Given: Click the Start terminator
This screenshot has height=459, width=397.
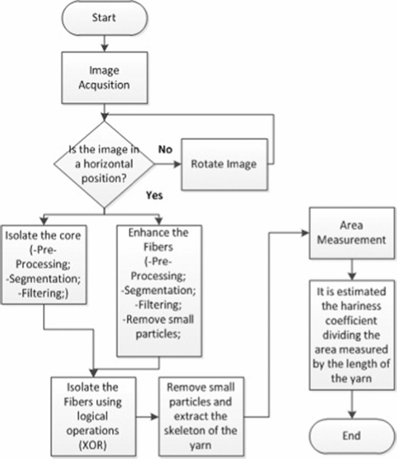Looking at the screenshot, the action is (105, 18).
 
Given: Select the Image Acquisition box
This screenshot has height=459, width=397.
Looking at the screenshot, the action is (105, 78).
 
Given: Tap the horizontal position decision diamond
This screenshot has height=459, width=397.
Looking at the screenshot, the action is (104, 164).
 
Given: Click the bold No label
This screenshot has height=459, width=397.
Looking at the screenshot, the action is (165, 150).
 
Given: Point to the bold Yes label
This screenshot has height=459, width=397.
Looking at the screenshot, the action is (154, 195).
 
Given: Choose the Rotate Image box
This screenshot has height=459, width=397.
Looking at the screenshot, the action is (225, 164).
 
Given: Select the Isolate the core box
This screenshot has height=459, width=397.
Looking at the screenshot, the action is (44, 265).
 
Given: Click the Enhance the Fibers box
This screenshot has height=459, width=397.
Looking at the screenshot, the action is (159, 291).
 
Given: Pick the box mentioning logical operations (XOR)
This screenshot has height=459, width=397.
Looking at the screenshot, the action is (93, 418).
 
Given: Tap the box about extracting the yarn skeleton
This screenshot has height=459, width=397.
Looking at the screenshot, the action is (201, 418).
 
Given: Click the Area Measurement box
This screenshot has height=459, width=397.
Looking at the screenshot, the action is (352, 233).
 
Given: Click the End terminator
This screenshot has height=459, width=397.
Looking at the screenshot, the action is (352, 436).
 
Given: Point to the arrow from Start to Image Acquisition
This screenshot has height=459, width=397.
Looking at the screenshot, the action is (104, 43).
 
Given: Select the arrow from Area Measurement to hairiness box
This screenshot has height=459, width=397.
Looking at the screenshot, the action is (352, 270).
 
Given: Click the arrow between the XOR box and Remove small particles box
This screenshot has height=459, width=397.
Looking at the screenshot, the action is (147, 417).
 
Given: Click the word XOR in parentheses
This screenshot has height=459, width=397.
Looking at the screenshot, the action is (93, 445).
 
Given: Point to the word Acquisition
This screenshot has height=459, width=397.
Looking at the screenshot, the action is (104, 85).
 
